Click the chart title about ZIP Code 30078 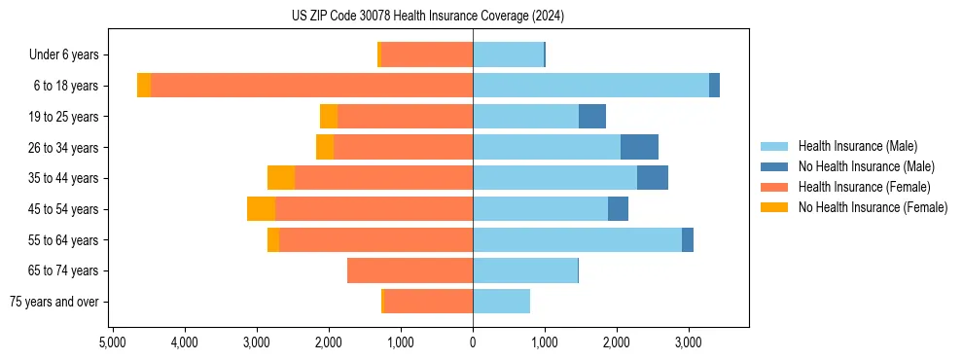click(x=428, y=17)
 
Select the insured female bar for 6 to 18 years click(x=311, y=86)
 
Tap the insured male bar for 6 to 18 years click(x=590, y=86)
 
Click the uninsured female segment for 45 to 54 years click(x=261, y=209)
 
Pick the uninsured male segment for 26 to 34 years click(x=639, y=147)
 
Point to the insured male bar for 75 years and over click(x=501, y=302)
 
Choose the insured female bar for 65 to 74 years click(x=410, y=270)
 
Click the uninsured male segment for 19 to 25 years click(x=592, y=117)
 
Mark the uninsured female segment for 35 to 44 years click(x=281, y=178)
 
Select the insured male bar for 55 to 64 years click(x=577, y=240)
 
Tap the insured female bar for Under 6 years click(x=426, y=54)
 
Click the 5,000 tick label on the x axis click(x=113, y=342)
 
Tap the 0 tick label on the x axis click(x=473, y=342)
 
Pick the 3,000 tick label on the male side click(x=688, y=342)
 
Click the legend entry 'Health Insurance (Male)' click(x=857, y=146)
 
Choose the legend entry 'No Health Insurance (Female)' click(x=873, y=207)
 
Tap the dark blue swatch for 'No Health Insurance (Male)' click(x=774, y=166)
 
